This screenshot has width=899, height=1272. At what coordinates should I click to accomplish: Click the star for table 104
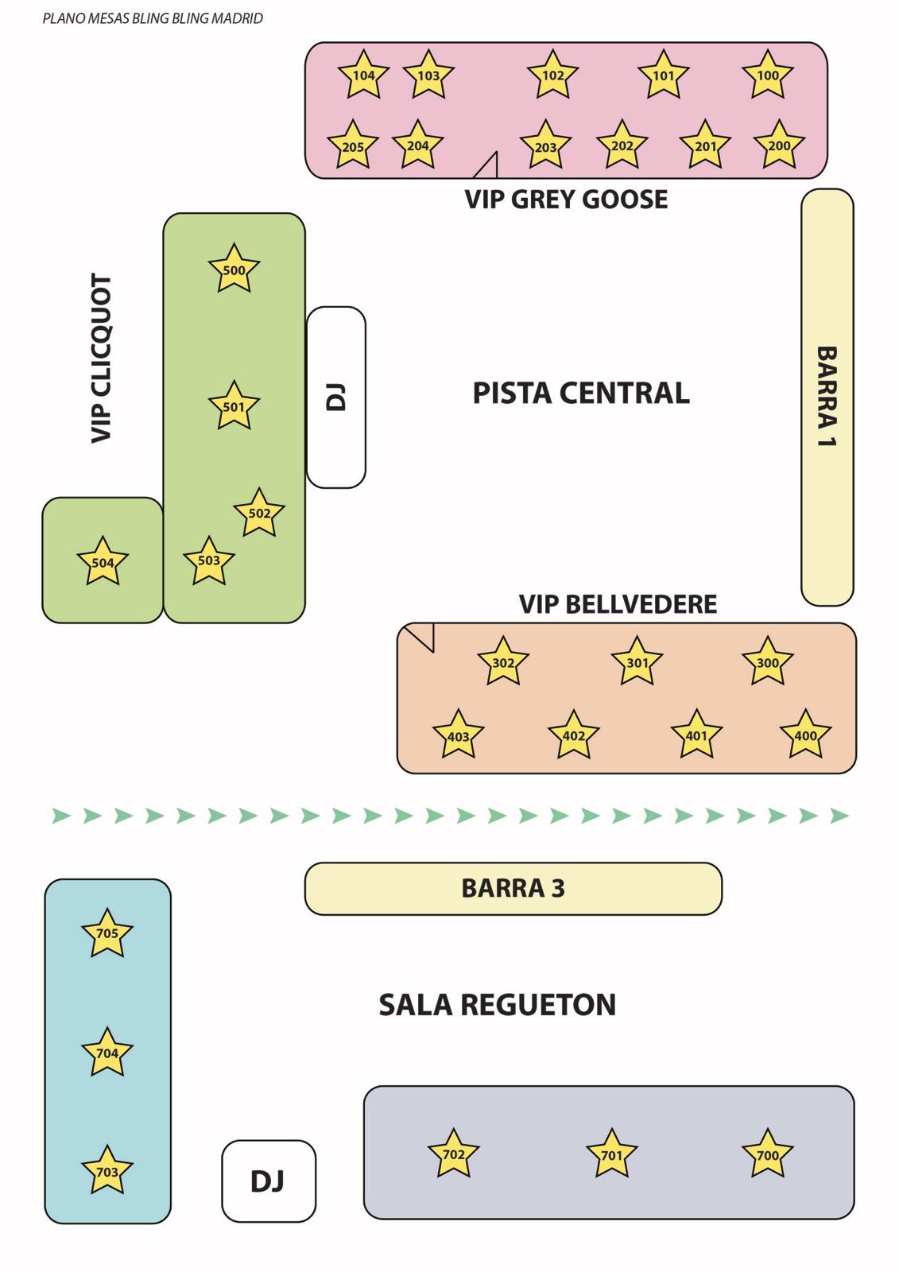363,76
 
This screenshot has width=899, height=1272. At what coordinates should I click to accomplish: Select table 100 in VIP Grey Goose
767,76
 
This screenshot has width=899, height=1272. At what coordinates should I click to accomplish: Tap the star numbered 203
545,146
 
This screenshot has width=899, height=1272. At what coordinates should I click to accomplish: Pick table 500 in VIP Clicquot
234,270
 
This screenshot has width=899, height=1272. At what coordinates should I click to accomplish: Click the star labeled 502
259,513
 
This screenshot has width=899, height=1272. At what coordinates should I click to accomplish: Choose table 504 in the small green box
103,562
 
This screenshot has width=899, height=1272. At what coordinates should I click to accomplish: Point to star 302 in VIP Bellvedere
503,662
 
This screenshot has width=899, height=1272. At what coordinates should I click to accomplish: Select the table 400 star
805,735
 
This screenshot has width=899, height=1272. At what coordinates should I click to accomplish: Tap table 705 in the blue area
107,933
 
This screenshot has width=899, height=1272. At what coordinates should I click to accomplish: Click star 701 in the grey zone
612,1154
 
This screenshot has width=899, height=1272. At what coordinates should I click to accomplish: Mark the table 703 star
107,1171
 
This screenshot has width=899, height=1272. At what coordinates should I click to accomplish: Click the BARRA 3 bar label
513,888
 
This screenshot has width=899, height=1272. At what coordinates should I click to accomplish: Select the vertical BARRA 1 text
827,396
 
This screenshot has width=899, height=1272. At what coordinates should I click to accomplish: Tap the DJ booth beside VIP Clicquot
336,397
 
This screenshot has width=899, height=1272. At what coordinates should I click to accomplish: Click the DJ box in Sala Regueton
268,1181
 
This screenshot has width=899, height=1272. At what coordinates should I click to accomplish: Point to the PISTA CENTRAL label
581,394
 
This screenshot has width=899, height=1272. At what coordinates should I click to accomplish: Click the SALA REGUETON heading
498,1005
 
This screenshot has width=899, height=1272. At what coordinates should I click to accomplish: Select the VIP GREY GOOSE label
566,199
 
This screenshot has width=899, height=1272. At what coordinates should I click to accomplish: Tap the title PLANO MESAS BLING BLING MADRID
153,18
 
